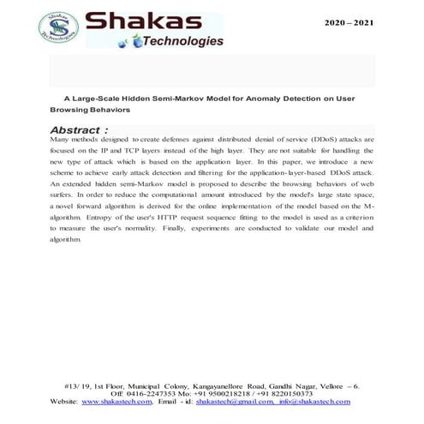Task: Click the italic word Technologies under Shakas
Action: [x=183, y=41]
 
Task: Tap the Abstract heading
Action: [x=79, y=129]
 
